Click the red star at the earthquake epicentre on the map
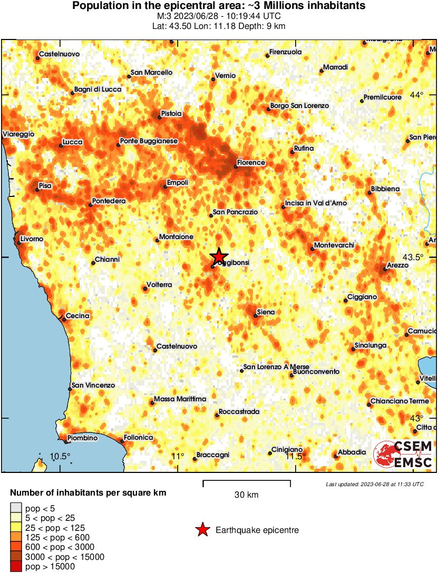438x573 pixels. (x=218, y=256)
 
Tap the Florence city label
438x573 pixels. (x=251, y=163)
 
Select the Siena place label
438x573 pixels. (x=265, y=312)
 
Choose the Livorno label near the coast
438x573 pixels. (x=32, y=239)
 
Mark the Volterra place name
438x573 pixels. (x=159, y=284)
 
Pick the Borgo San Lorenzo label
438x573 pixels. (x=299, y=106)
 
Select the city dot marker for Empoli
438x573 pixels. (x=166, y=187)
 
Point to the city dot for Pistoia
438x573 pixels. (x=161, y=117)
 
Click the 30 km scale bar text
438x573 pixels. (x=246, y=495)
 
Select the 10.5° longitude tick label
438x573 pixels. (x=60, y=456)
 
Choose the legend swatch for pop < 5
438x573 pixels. (x=16, y=508)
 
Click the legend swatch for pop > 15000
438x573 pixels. (x=16, y=567)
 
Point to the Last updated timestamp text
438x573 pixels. (x=375, y=484)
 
